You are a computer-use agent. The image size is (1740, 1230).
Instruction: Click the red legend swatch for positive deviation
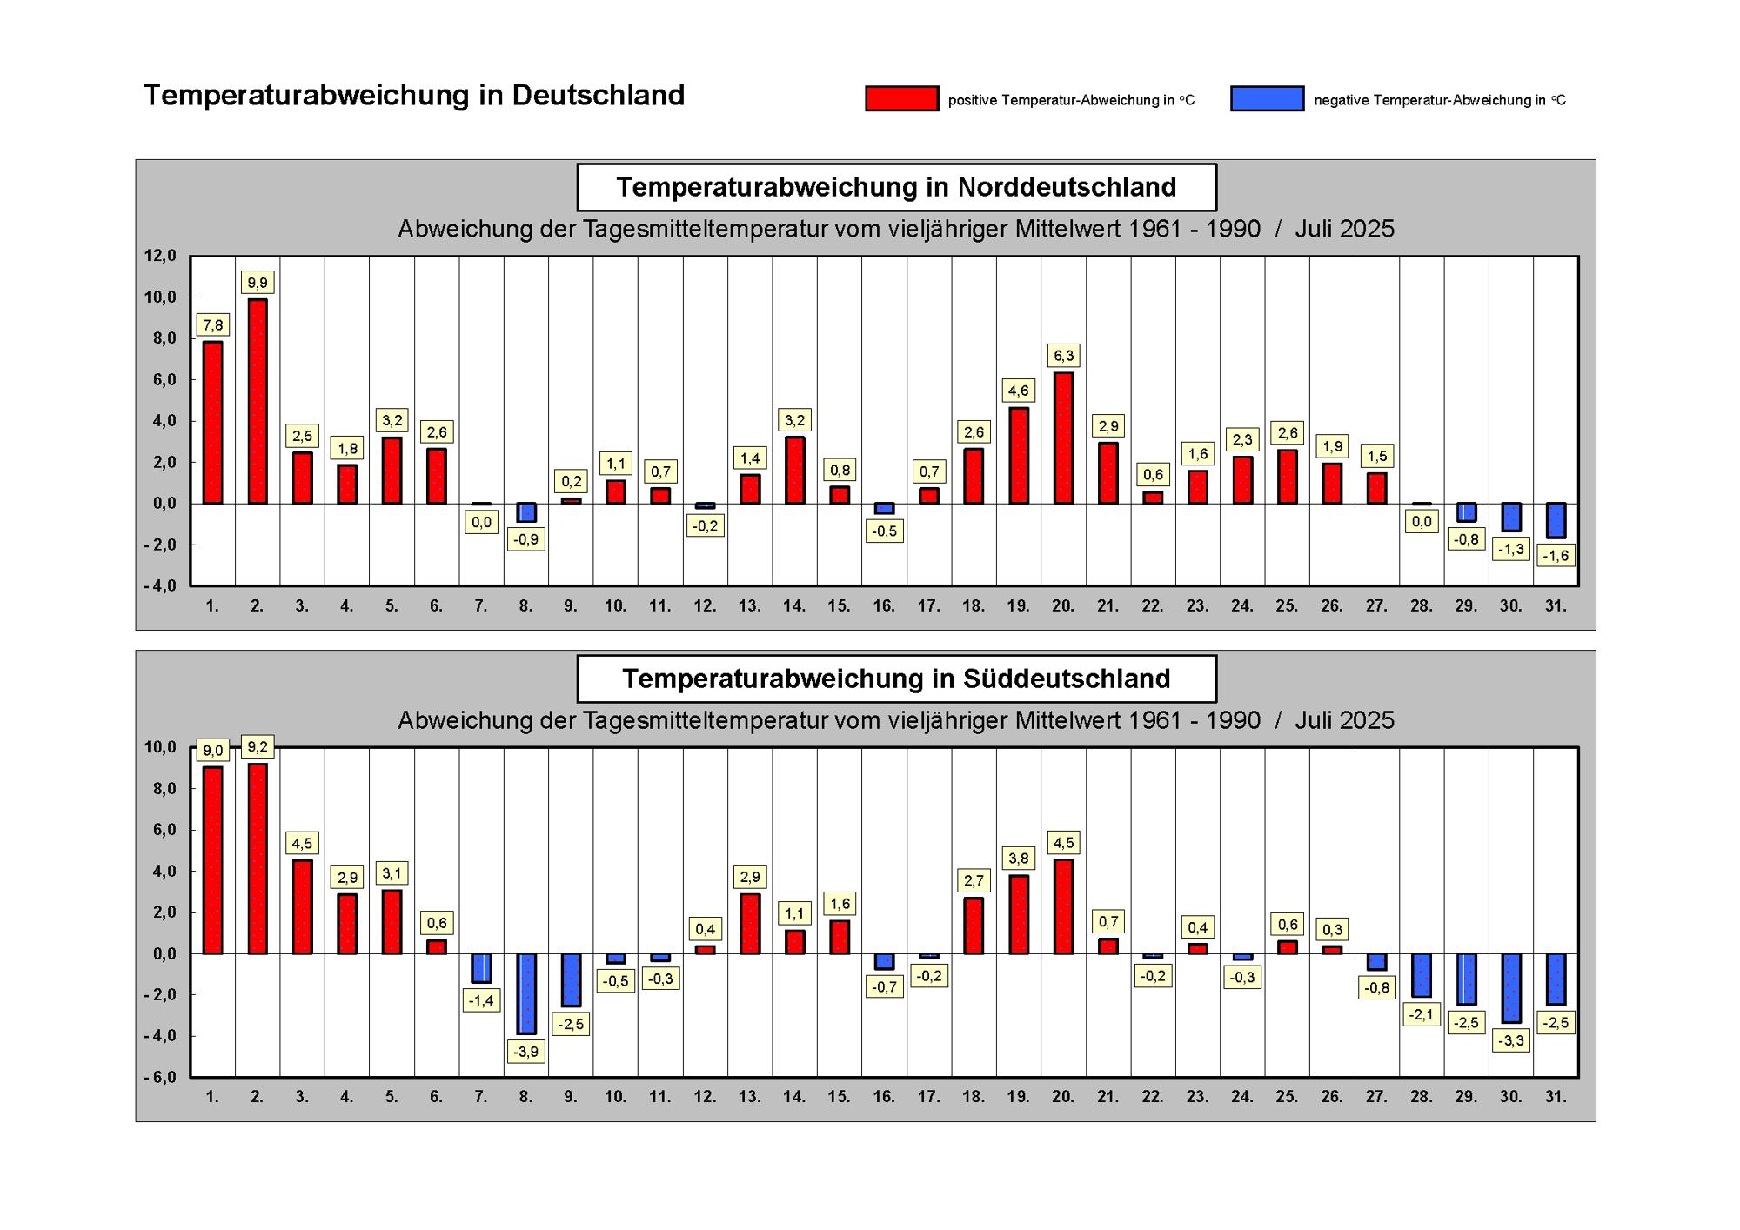pos(902,98)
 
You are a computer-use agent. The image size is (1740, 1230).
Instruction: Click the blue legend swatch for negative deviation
pos(1268,98)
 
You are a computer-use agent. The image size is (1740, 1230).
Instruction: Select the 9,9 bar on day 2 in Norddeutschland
pos(258,401)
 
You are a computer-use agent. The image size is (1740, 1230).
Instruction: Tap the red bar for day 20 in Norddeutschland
pos(1063,438)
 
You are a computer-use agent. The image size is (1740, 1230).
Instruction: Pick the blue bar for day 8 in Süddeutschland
pos(526,993)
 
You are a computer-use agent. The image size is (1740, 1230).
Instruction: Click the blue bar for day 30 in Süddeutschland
pos(1511,987)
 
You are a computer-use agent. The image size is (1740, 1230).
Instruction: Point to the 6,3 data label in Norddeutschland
pos(1064,355)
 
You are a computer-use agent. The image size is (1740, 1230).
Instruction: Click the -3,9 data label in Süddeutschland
pos(526,1052)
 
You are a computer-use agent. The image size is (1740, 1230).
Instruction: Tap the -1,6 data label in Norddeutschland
pos(1556,556)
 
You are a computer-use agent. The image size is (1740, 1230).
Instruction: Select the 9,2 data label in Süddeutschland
pos(258,746)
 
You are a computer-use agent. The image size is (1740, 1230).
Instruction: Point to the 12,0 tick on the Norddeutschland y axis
pos(160,256)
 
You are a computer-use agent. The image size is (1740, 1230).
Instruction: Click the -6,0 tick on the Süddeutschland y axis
pos(160,1077)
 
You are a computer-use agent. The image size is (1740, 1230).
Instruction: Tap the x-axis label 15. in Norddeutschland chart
pos(839,605)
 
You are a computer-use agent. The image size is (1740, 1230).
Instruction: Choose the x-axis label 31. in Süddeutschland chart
pos(1556,1097)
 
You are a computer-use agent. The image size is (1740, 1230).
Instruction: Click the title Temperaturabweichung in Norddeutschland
pos(896,187)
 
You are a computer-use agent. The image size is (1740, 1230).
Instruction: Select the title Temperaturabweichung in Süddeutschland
pos(896,679)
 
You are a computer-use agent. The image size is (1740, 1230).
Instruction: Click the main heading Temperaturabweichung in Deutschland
pos(414,95)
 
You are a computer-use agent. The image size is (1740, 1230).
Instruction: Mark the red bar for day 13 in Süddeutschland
pos(750,924)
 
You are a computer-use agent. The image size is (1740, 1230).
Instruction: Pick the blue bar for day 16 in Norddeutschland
pos(884,508)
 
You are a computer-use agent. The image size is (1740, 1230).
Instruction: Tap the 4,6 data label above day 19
pos(1019,391)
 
